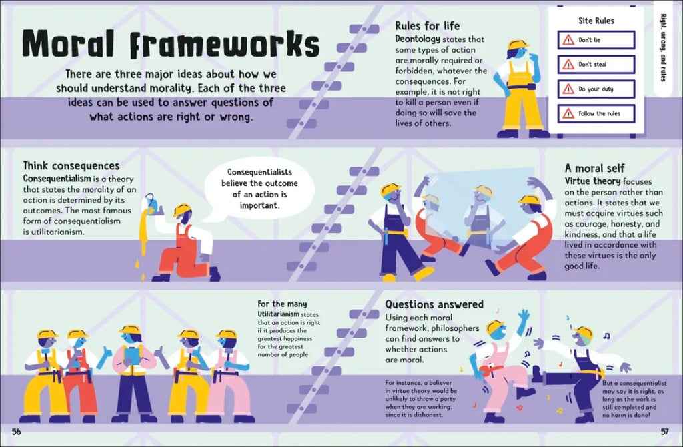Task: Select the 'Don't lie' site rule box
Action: click(x=596, y=40)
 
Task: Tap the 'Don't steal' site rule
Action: click(x=596, y=65)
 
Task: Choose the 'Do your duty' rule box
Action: click(x=596, y=89)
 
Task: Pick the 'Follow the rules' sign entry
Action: click(x=596, y=113)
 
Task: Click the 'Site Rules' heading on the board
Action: click(x=596, y=21)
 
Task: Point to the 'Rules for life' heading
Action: click(x=427, y=26)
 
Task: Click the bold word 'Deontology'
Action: click(x=418, y=39)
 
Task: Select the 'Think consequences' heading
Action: click(x=71, y=165)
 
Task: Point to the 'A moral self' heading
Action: click(x=594, y=168)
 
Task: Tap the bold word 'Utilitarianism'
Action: click(x=279, y=314)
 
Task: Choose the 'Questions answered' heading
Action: click(x=434, y=304)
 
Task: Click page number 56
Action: click(x=17, y=432)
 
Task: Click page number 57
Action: click(x=665, y=432)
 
